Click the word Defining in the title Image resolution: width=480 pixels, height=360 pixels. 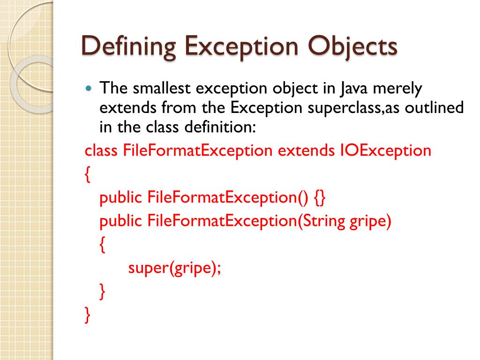point(128,48)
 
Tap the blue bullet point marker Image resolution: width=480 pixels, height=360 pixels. point(90,89)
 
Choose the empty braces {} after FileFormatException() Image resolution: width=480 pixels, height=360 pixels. point(320,198)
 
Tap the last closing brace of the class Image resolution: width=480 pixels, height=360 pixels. point(87,315)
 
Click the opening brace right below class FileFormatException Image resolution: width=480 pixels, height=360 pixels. point(87,174)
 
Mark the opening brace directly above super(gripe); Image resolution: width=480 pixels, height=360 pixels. point(102,245)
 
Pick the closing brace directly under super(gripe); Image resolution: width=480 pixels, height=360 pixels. point(102,292)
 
